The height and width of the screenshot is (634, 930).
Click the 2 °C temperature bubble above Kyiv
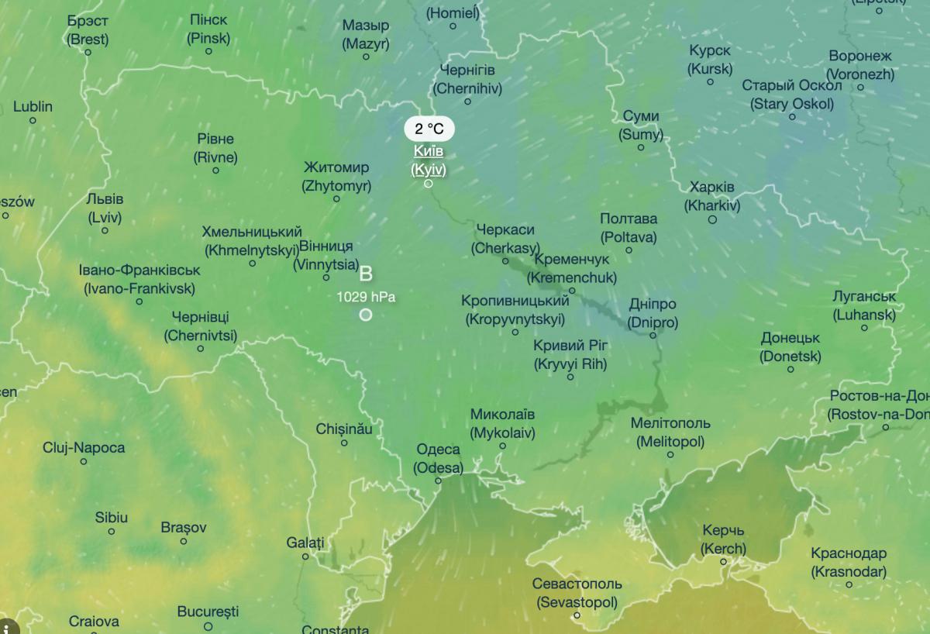(429, 129)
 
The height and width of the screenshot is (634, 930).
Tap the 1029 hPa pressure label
(365, 296)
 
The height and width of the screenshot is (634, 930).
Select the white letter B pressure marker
(366, 274)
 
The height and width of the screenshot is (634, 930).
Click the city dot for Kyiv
(428, 184)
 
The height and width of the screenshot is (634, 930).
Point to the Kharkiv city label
(712, 197)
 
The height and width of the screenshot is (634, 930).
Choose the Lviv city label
(105, 208)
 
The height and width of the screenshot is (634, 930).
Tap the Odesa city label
(438, 458)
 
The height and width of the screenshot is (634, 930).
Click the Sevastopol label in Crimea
(577, 593)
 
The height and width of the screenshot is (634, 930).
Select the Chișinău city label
(344, 429)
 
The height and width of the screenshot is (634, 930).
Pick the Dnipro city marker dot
(653, 336)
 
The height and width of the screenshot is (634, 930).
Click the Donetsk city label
(790, 347)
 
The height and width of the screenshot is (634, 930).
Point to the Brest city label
(88, 29)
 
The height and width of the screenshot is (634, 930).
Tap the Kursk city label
(710, 60)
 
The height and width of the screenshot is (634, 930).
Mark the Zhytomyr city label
(336, 177)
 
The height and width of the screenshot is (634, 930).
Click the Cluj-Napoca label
(84, 447)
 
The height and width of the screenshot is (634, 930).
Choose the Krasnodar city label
(849, 563)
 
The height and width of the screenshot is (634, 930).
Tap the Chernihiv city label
(467, 79)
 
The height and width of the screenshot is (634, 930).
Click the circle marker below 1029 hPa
(365, 315)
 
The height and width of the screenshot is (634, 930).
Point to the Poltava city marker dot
(629, 250)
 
